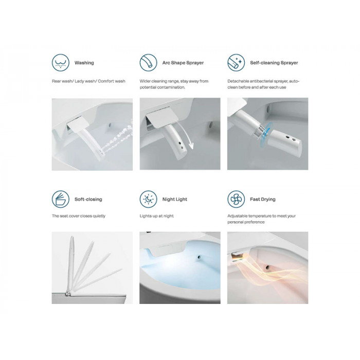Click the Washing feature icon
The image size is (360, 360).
[60, 62]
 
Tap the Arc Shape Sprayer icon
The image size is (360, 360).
[148, 62]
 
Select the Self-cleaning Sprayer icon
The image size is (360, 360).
[236, 62]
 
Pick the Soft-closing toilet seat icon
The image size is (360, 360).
[60, 199]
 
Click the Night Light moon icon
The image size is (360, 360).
[148, 199]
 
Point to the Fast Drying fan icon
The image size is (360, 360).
[236, 199]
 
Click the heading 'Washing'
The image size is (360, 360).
[84, 63]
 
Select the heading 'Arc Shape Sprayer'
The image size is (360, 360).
[183, 63]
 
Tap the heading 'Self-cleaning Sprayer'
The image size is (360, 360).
[274, 63]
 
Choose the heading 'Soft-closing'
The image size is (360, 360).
[88, 200]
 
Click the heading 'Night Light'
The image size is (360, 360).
[175, 200]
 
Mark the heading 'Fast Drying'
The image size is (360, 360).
[263, 200]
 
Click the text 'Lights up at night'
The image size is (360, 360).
[156, 216]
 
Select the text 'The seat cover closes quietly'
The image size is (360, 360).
[79, 216]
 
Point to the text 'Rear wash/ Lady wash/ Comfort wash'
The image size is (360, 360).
[88, 81]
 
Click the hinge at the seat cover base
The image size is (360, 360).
[68, 293]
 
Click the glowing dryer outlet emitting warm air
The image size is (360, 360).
[236, 257]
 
